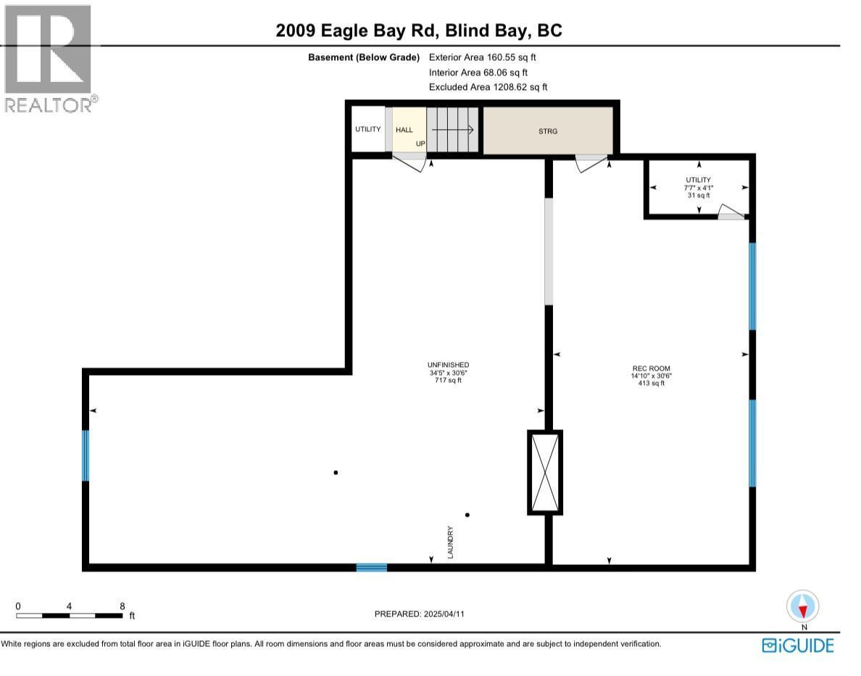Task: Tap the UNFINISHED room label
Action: coord(448,365)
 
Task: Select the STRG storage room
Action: coord(547,131)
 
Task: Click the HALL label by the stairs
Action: coord(404,130)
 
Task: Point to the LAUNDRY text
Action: coord(450,541)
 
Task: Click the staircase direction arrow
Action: coord(452,130)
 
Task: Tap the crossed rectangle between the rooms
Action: coord(544,472)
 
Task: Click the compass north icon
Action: coord(802,606)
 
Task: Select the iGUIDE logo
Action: coord(798,645)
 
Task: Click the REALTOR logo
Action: coord(48,58)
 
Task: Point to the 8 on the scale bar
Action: coord(122,606)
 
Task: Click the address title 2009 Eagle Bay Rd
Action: coord(420,30)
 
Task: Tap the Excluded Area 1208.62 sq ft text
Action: coord(488,87)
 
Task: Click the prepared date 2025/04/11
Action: coord(419,614)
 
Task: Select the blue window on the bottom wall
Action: coord(371,567)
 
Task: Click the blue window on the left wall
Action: coord(86,456)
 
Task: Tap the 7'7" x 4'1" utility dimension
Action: coord(699,188)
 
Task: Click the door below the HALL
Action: coord(409,160)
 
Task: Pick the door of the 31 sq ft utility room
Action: coord(731,213)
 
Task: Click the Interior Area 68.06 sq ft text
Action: coord(478,72)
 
